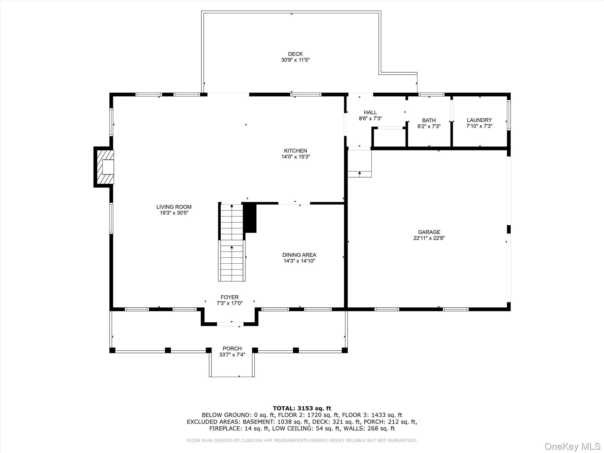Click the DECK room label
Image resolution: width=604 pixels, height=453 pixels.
click(x=295, y=54)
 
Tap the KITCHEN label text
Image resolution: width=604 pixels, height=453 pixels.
click(x=295, y=151)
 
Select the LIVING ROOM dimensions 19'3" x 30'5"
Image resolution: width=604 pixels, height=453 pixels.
click(x=174, y=213)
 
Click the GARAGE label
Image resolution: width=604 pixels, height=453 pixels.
click(x=429, y=232)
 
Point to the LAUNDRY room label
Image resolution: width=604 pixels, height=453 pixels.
click(x=479, y=120)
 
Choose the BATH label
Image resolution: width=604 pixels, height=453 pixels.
click(x=429, y=120)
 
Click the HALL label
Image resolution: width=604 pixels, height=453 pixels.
click(x=370, y=112)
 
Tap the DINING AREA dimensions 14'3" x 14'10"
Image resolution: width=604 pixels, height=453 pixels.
click(x=299, y=261)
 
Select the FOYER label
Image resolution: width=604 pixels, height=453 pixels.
click(x=229, y=297)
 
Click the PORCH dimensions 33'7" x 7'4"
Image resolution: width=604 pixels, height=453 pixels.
click(x=232, y=355)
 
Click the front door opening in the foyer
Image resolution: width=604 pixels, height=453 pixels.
click(x=230, y=324)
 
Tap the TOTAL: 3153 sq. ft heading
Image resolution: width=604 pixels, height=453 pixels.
click(x=302, y=408)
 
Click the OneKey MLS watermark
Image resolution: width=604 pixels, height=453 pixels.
click(x=572, y=446)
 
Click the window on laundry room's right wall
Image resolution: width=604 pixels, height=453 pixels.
click(x=508, y=115)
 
